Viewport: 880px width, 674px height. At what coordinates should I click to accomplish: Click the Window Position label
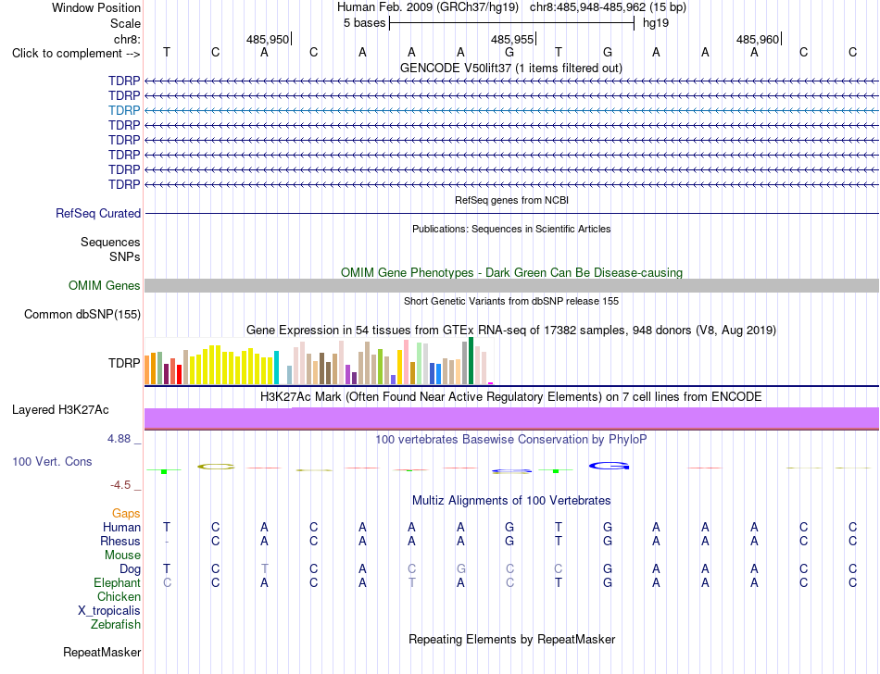coord(96,7)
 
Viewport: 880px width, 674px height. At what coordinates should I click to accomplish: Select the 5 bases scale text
coord(365,23)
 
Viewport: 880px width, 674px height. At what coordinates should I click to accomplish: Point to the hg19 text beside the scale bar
coord(656,23)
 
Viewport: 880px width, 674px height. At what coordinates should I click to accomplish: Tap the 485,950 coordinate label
coord(268,39)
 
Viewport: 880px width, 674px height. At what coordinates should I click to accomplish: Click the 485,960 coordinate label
coord(758,39)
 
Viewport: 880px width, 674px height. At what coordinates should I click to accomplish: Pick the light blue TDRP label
coord(124,110)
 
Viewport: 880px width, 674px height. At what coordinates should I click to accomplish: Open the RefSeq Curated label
coord(98,214)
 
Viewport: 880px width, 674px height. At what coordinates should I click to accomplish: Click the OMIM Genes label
coord(105,285)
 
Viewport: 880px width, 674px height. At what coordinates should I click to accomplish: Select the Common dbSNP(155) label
coord(82,314)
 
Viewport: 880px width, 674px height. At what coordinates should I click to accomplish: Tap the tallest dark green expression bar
coord(471,360)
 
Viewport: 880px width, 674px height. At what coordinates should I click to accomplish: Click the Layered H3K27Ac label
coord(60,410)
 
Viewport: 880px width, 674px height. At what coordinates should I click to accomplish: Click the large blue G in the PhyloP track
coord(609,466)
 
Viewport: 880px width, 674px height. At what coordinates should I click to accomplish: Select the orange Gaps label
coord(126,513)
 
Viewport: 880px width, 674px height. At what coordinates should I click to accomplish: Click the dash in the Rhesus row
coord(167,542)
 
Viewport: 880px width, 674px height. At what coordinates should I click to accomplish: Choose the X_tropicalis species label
coord(109,611)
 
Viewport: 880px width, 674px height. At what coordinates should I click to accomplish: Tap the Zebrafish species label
coord(116,624)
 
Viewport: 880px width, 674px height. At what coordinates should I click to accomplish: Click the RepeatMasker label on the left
coord(102,652)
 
